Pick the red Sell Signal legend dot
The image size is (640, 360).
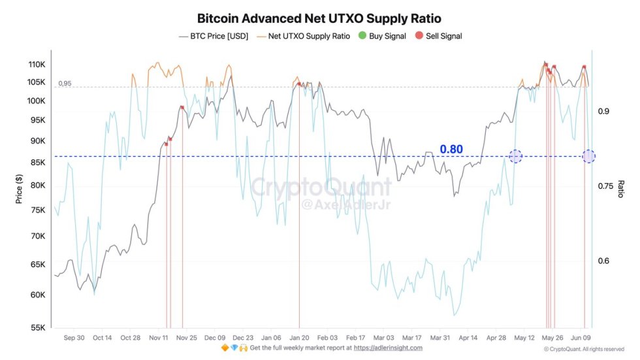[x=419, y=36]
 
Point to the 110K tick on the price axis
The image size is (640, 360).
[x=36, y=65]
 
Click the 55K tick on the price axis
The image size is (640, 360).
[x=36, y=328]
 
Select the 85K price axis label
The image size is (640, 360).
[x=36, y=163]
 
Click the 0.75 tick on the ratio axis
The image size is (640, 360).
[x=608, y=186]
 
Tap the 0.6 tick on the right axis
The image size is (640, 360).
[x=604, y=261]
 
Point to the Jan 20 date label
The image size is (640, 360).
[x=299, y=338]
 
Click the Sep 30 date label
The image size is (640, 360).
[x=74, y=338]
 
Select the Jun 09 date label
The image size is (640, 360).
[x=581, y=338]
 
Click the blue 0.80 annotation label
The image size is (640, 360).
[x=451, y=150]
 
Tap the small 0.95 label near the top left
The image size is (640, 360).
[x=64, y=84]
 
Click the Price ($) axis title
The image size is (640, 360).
[x=19, y=188]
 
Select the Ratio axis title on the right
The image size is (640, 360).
[x=621, y=189]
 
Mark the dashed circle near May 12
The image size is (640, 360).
[x=515, y=156]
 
